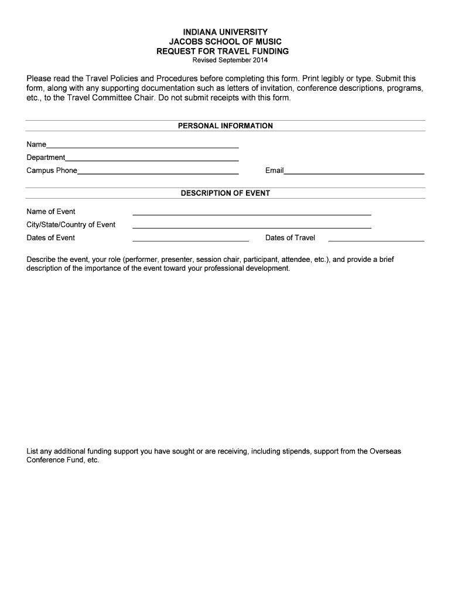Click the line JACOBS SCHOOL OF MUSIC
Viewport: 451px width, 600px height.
click(x=225, y=42)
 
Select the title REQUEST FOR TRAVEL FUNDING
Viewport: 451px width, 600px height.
click(x=225, y=52)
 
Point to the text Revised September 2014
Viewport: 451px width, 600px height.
click(x=225, y=60)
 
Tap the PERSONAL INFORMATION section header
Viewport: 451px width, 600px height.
click(x=225, y=126)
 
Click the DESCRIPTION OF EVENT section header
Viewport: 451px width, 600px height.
click(x=225, y=193)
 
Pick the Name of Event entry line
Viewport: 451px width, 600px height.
click(x=252, y=214)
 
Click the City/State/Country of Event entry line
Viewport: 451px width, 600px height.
click(x=252, y=227)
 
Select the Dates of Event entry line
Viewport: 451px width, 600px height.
click(x=190, y=240)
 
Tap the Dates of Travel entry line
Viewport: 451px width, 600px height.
click(x=376, y=240)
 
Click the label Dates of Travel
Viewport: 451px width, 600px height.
click(x=290, y=238)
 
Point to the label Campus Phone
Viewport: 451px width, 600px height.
click(x=52, y=171)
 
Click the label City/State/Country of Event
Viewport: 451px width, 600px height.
click(x=71, y=225)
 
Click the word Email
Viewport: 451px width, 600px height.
click(x=274, y=171)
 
